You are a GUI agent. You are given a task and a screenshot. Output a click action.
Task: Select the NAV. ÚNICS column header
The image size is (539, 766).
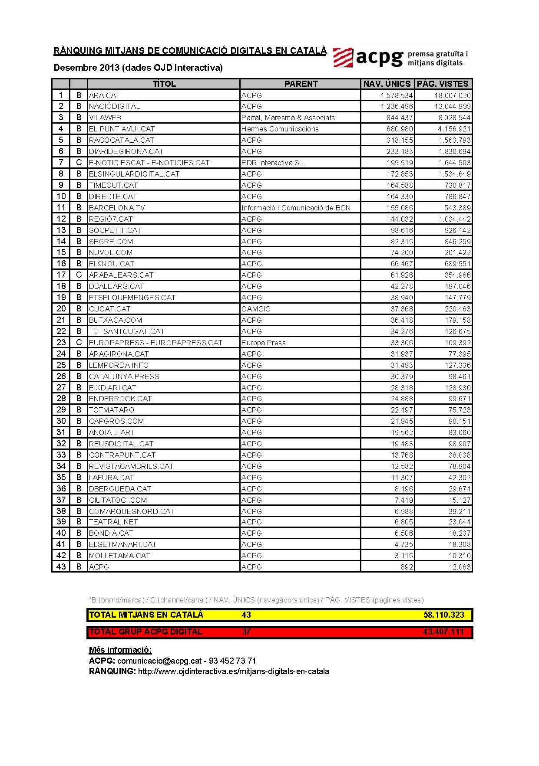click(387, 84)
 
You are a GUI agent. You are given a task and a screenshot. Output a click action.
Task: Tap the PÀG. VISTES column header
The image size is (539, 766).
click(443, 84)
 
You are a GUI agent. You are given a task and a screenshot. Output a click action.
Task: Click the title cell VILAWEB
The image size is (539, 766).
click(105, 118)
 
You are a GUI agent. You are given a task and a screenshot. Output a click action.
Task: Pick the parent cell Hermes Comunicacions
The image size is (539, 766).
click(280, 129)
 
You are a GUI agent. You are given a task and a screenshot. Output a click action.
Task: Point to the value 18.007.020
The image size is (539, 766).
click(452, 95)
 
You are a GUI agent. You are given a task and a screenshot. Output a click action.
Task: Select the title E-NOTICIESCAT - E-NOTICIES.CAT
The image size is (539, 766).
click(149, 163)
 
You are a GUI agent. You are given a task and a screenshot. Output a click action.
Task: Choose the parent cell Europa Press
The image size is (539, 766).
click(263, 343)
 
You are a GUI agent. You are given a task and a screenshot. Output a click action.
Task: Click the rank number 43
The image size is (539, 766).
click(61, 566)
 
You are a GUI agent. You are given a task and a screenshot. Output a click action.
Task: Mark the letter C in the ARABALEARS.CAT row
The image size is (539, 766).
click(79, 275)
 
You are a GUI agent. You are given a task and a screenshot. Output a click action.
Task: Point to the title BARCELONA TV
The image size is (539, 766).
click(117, 208)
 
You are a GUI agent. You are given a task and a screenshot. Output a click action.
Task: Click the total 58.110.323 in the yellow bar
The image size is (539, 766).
click(443, 615)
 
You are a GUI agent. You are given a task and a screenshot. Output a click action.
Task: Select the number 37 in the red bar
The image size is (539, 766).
click(246, 632)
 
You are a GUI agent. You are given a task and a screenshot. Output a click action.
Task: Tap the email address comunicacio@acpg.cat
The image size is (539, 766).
click(159, 661)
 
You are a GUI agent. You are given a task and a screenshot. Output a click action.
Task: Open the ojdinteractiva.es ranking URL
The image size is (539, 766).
click(233, 671)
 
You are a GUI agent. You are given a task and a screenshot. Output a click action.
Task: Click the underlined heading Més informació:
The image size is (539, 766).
click(120, 650)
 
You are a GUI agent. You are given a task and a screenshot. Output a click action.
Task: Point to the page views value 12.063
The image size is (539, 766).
click(460, 567)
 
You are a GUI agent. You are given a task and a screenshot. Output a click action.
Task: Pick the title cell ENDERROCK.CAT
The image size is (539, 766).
click(120, 399)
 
